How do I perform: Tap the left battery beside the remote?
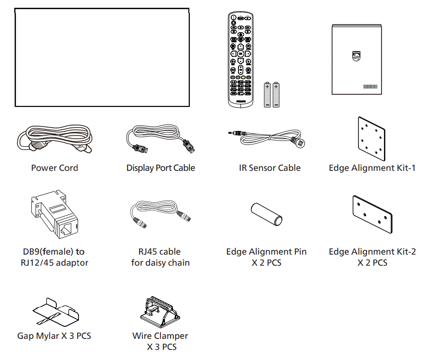[267, 94]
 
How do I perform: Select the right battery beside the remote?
[276, 94]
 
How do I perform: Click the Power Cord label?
[54, 168]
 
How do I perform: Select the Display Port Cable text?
[160, 168]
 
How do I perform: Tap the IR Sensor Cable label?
[269, 168]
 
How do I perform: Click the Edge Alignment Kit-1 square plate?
[371, 139]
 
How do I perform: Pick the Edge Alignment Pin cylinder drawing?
[265, 214]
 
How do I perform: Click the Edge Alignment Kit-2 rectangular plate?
[372, 215]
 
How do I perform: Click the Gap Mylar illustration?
[54, 311]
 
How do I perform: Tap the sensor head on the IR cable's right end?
[300, 143]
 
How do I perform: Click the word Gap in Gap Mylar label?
[26, 335]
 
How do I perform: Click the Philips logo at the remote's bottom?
[240, 102]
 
